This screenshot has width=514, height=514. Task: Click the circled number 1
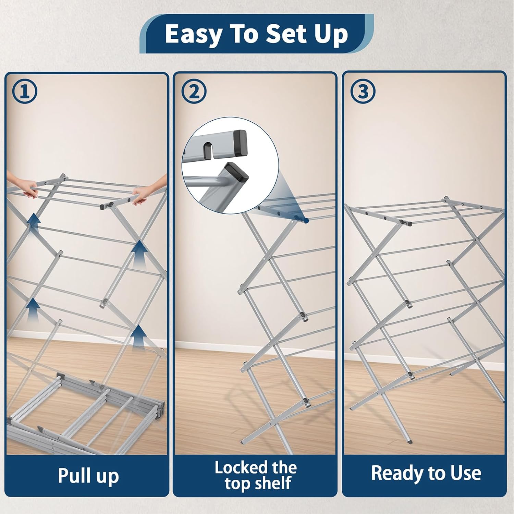click(24, 92)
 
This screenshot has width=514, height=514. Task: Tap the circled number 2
click(194, 92)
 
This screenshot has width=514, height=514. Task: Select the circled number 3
click(363, 91)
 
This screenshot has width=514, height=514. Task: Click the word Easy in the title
click(193, 34)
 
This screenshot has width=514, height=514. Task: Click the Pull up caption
click(88, 476)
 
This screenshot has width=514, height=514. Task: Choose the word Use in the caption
click(466, 473)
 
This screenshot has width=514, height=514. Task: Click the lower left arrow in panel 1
click(33, 308)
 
